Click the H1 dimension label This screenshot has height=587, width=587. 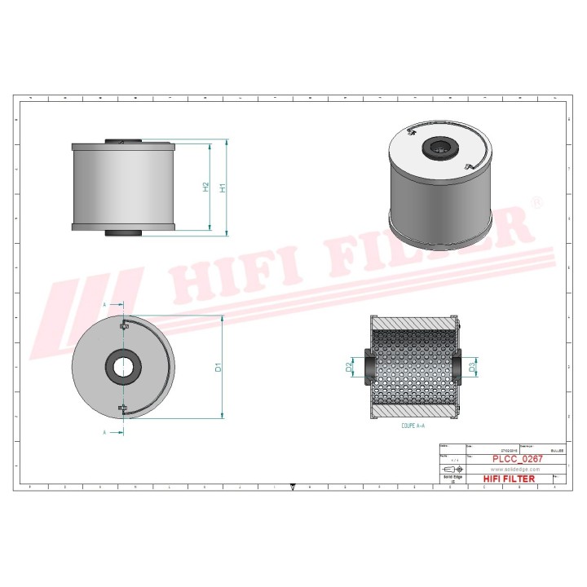pos(223,188)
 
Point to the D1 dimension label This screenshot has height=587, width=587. pos(218,368)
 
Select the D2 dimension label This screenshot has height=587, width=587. pos(350,369)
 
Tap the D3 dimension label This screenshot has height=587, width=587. pos(473,369)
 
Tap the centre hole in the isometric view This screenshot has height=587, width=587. pos(438,148)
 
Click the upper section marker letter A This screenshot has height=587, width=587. pos(105,304)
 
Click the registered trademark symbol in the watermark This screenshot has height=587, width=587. pos(536,201)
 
